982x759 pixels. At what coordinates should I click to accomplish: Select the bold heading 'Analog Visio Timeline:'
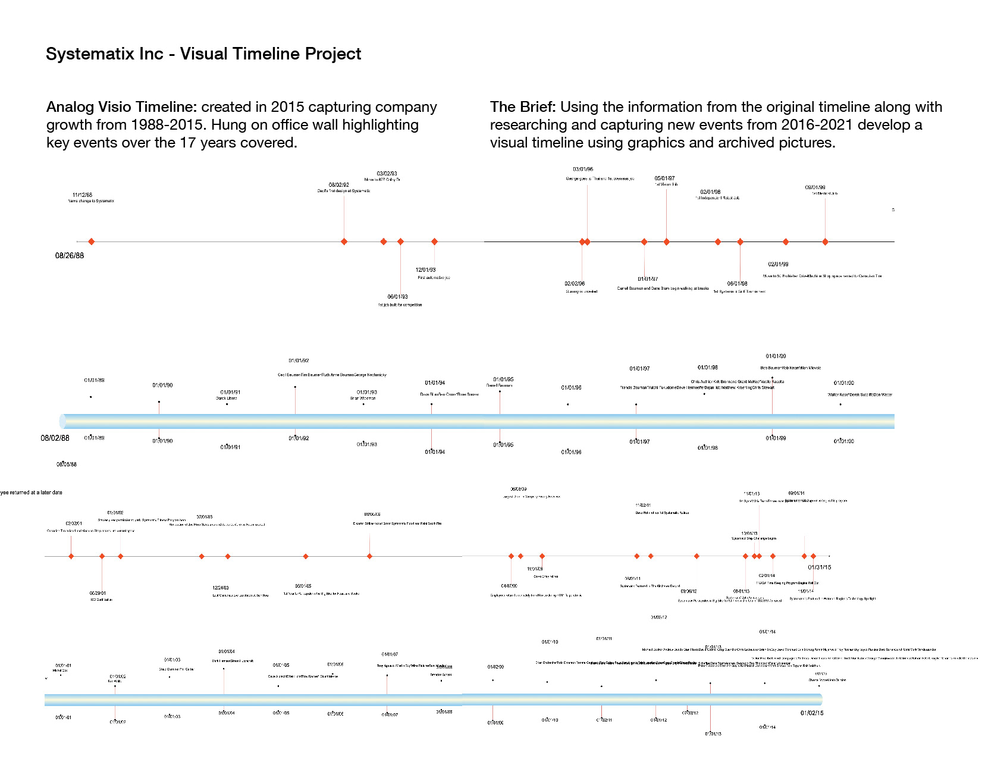click(x=121, y=107)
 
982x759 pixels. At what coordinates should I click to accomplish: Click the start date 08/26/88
click(x=70, y=256)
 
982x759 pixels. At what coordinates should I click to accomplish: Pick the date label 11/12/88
click(x=83, y=195)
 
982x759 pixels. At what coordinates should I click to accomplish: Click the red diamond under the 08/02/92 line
click(x=344, y=241)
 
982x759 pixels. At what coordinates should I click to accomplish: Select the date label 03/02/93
click(x=387, y=174)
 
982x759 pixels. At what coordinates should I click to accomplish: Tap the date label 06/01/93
click(x=397, y=297)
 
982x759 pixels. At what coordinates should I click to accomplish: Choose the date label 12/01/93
click(x=425, y=270)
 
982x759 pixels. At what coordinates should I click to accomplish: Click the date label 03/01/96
click(x=583, y=170)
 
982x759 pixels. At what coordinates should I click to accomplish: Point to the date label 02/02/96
click(x=575, y=284)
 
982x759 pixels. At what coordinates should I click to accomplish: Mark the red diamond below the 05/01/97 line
click(x=666, y=242)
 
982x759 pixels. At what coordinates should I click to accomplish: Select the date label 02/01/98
click(x=710, y=192)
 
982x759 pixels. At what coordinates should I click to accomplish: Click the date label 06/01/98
click(x=737, y=284)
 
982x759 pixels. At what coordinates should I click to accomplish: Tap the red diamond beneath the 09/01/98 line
click(x=825, y=242)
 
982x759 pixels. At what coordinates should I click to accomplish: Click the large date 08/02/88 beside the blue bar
click(x=55, y=438)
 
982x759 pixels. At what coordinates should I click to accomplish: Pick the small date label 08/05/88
click(x=67, y=465)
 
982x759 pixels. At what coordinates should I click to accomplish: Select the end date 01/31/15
click(x=819, y=567)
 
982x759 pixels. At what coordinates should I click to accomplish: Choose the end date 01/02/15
click(x=812, y=713)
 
